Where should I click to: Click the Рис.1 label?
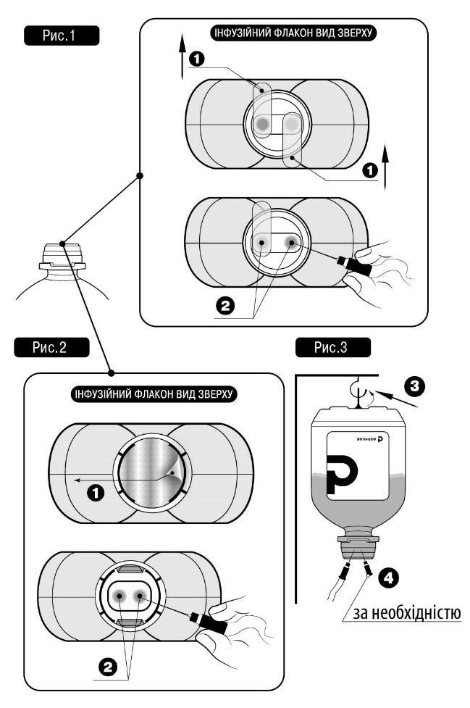[59, 36]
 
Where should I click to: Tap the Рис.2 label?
[50, 347]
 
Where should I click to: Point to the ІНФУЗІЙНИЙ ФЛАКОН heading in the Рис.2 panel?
[151, 395]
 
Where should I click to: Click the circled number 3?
[413, 384]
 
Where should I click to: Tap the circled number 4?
[389, 578]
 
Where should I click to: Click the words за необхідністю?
[406, 613]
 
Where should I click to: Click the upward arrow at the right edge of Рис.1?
[386, 164]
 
